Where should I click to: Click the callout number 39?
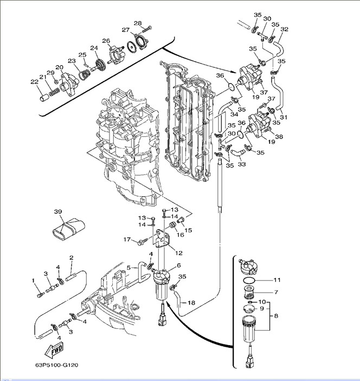(x=58, y=212)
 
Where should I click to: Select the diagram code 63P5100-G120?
(x=57, y=365)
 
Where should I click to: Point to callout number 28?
(x=138, y=23)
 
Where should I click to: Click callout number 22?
(x=34, y=82)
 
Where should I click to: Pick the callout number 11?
(x=277, y=281)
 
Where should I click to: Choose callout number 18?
(x=191, y=302)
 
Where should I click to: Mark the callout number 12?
(x=178, y=253)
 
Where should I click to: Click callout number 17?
(x=127, y=239)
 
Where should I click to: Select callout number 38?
(x=279, y=137)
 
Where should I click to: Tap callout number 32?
(x=284, y=29)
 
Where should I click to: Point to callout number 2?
(x=71, y=257)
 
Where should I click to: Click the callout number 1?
(x=33, y=281)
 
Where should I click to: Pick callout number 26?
(x=106, y=41)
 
